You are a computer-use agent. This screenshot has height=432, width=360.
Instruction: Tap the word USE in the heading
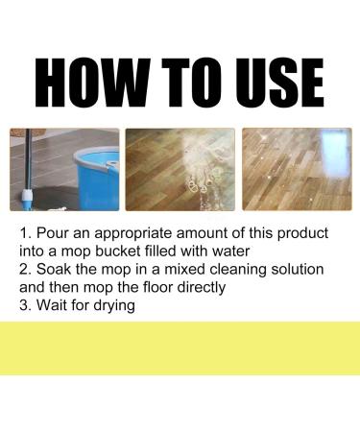click(x=279, y=82)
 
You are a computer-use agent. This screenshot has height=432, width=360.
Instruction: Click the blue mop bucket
click(x=97, y=177)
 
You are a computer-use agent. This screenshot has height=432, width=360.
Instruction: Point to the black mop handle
click(x=28, y=160)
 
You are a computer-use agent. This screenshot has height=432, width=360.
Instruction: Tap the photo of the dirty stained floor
click(x=180, y=169)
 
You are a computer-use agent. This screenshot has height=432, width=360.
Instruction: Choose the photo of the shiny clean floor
click(x=297, y=169)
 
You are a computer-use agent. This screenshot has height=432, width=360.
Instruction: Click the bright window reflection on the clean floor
click(x=334, y=147)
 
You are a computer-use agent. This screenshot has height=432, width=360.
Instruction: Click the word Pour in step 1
click(x=53, y=232)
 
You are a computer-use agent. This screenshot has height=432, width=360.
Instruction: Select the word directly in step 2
click(x=202, y=288)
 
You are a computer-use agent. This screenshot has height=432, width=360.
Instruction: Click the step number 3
click(x=24, y=305)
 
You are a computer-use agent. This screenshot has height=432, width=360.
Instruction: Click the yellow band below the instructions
click(x=180, y=348)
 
